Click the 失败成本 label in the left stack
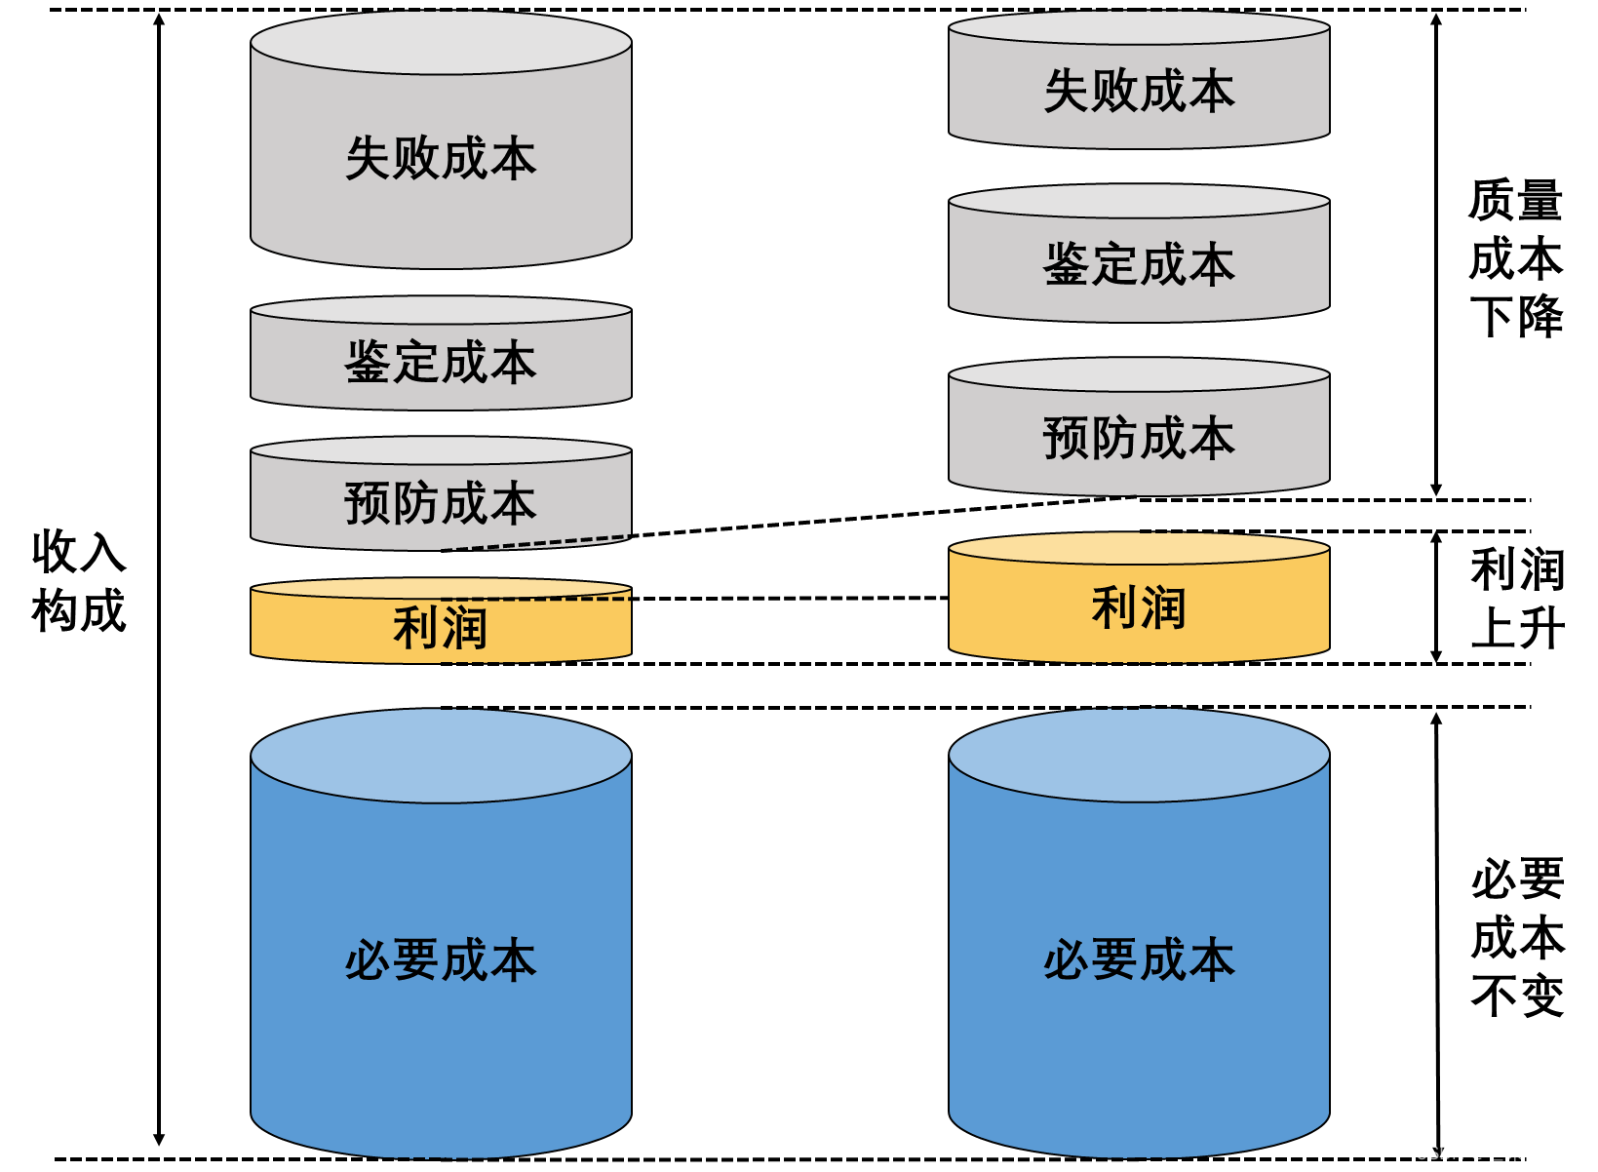tap(441, 159)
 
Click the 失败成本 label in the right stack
tap(1139, 92)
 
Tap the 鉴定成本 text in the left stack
tap(441, 363)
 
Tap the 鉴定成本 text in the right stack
tap(1139, 265)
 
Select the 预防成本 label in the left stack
tap(441, 503)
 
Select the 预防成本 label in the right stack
tap(1139, 438)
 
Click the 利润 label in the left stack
tap(441, 628)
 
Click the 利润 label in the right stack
tap(1139, 608)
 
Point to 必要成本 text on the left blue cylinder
tap(441, 960)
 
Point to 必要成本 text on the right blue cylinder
tap(1139, 960)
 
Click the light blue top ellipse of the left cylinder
tap(441, 757)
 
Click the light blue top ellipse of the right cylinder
tap(1139, 757)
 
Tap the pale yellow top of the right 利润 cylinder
tap(1139, 549)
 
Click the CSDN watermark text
tap(1498, 1152)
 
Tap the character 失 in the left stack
tap(369, 159)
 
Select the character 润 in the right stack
tap(1163, 608)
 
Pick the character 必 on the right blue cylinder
tap(1067, 960)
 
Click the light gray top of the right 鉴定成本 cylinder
tap(1139, 202)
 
